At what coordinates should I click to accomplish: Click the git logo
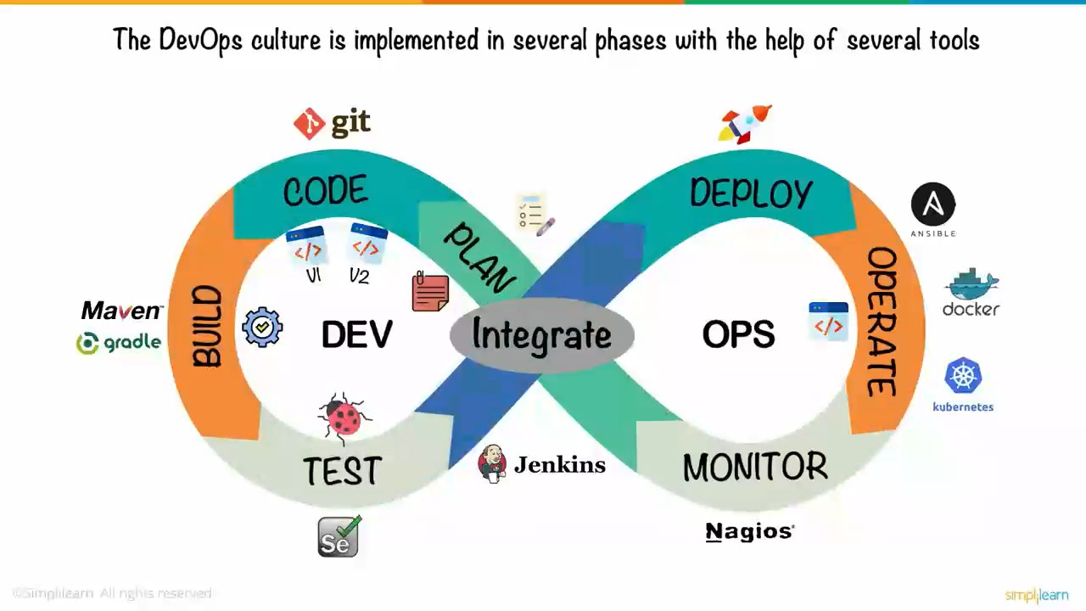point(333,124)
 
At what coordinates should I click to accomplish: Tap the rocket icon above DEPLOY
point(744,123)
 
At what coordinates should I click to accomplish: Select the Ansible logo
point(932,206)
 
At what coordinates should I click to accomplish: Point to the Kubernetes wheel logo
point(963,376)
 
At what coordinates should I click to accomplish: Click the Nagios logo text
point(749,531)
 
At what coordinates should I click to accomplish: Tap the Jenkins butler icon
point(492,463)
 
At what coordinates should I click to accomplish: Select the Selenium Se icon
point(339,537)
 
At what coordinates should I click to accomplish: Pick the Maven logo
point(121,311)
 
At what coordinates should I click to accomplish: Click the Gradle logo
point(119,343)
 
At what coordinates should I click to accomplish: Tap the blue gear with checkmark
point(262,327)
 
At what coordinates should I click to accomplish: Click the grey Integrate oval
point(541,335)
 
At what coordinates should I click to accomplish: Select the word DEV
point(357,335)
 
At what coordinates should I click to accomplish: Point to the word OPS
point(738,335)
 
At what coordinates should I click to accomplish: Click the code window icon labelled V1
point(307,248)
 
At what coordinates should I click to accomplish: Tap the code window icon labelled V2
point(367,245)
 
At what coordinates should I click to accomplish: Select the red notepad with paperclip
point(430,292)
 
